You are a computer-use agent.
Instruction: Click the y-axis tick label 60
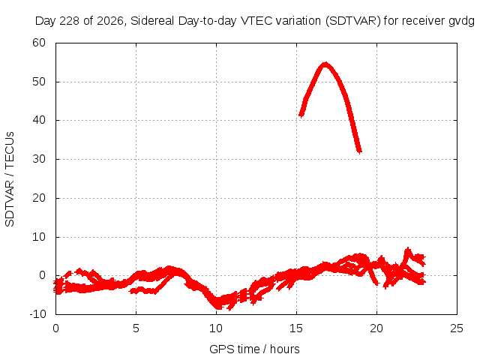[x=39, y=43]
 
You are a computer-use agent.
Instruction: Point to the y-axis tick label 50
[x=39, y=82]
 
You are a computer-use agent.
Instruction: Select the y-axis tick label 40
[x=39, y=120]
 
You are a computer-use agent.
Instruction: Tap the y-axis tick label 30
[x=39, y=159]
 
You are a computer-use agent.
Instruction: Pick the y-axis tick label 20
[x=39, y=198]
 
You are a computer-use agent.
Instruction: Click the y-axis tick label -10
[x=37, y=314]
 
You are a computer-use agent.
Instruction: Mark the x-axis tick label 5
[x=136, y=328]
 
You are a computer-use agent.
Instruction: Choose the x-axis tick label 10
[x=216, y=328]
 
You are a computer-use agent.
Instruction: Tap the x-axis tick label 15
[x=296, y=328]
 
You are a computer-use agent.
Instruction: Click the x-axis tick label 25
[x=457, y=328]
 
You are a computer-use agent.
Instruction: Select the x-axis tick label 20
[x=376, y=328]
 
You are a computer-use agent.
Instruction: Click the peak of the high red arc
[x=325, y=64]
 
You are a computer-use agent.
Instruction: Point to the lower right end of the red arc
[x=360, y=151]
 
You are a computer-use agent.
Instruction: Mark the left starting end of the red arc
[x=301, y=115]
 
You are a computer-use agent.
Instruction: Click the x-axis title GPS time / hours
[x=254, y=349]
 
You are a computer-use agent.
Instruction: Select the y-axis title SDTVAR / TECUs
[x=10, y=179]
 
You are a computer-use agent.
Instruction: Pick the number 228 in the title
[x=70, y=21]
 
